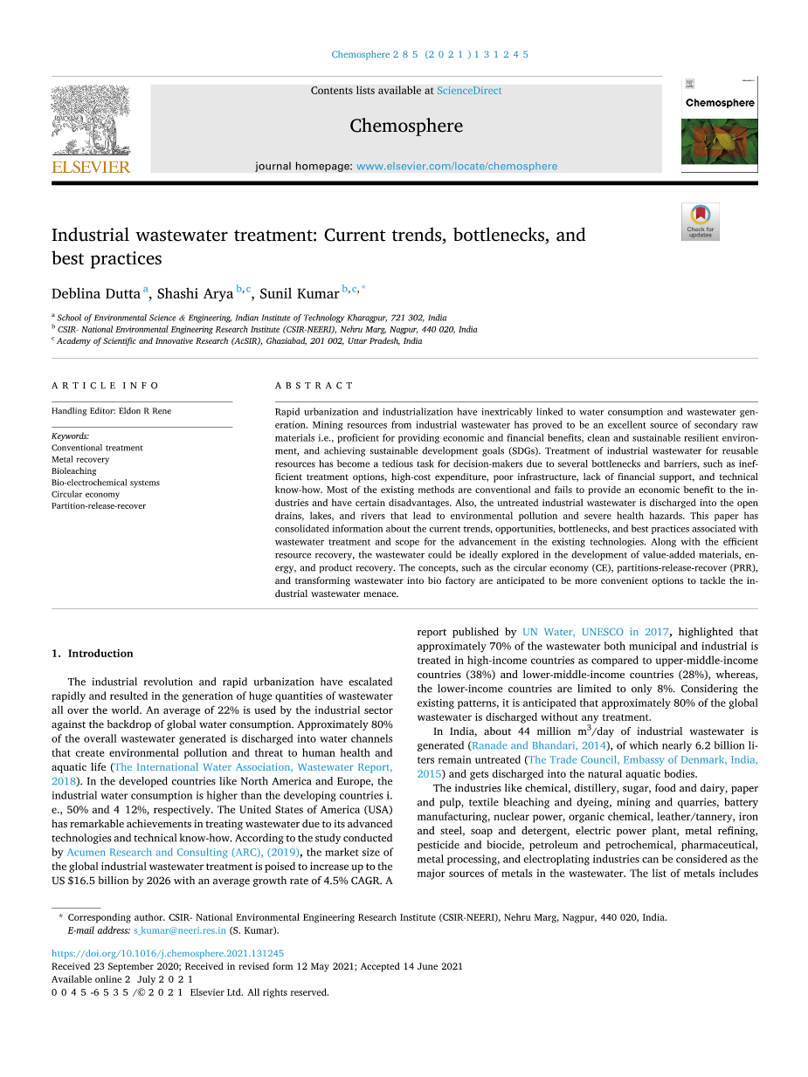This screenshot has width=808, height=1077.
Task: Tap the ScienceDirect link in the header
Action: (469, 91)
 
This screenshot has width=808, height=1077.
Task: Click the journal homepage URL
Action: (457, 166)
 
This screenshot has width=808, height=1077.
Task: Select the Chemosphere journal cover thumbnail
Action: (719, 123)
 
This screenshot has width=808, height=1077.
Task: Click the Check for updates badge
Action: (700, 222)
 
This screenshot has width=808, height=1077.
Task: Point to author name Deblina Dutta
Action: (95, 294)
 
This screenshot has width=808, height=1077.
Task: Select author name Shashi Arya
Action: (195, 294)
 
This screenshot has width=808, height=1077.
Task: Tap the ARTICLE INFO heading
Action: (105, 385)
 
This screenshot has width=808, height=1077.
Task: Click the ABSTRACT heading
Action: (314, 385)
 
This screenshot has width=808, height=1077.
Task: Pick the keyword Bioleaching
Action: (74, 471)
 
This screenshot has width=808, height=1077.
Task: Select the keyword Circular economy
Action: (86, 494)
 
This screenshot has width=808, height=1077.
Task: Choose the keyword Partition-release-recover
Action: (99, 506)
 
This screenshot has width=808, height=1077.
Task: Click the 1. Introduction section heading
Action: (93, 653)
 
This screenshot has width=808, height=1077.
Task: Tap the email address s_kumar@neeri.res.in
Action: (180, 930)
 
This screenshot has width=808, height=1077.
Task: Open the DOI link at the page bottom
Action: (168, 954)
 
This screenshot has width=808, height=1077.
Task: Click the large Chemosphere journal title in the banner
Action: (406, 126)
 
